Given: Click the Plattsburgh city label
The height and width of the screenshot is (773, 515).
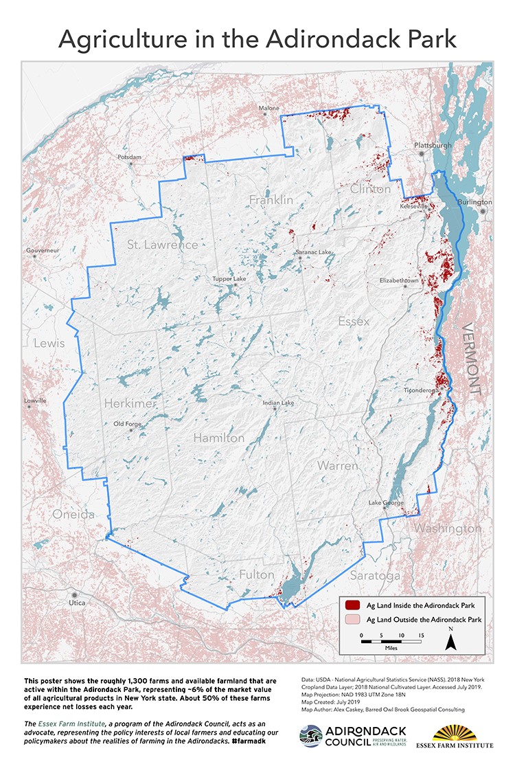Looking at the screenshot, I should pyautogui.click(x=433, y=146).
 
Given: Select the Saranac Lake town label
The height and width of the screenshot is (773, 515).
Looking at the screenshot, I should pyautogui.click(x=313, y=253).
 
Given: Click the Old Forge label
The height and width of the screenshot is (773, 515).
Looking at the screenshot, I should pyautogui.click(x=128, y=424).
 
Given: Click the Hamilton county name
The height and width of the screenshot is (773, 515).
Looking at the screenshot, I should pyautogui.click(x=218, y=438).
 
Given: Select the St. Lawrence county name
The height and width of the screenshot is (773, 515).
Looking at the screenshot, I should pyautogui.click(x=162, y=245).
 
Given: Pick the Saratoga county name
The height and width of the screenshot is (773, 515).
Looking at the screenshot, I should pyautogui.click(x=374, y=574).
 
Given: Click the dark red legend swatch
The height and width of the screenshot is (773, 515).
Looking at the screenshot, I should pyautogui.click(x=353, y=605).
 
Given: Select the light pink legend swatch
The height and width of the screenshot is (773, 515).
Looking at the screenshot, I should pyautogui.click(x=353, y=620).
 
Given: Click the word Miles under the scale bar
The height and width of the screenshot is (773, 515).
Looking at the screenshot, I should pyautogui.click(x=391, y=647).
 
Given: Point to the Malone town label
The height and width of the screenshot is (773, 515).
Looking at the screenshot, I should pyautogui.click(x=269, y=109).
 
